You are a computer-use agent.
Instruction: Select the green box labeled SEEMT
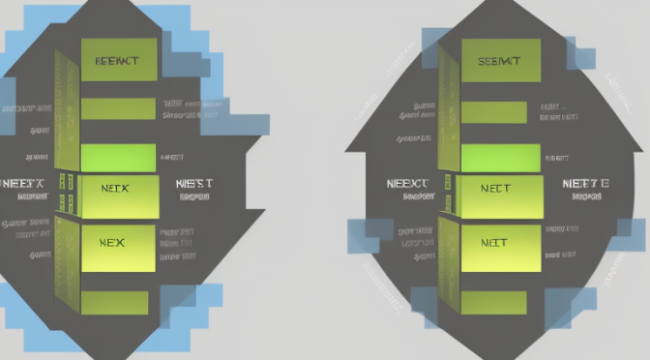[x=499, y=60]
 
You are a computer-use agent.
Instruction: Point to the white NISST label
[x=194, y=181]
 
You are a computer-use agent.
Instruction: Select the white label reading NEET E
[x=585, y=181]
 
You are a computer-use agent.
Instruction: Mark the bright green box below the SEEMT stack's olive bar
[x=499, y=156]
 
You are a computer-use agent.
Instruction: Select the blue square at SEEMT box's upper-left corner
[x=434, y=42]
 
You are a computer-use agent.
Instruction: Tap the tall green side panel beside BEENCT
[x=66, y=106]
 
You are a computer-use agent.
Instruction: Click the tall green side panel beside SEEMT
[x=448, y=106]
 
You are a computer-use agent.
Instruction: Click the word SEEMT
[x=499, y=60]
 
